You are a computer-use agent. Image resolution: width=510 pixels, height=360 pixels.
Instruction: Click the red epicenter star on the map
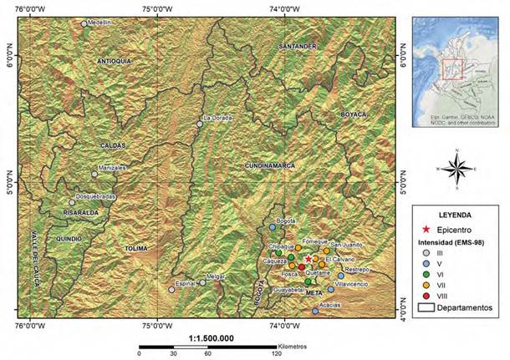click(309, 260)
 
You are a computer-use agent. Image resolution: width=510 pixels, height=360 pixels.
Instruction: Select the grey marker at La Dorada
click(200, 124)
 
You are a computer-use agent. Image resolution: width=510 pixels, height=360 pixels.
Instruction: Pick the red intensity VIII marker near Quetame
click(302, 266)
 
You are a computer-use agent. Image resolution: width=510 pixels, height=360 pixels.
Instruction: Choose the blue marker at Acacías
click(315, 312)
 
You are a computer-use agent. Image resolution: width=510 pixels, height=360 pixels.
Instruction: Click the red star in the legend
click(426, 229)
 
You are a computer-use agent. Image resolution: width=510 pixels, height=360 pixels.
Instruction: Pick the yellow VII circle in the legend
click(426, 284)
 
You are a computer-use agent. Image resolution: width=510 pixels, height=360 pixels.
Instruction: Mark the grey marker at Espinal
click(171, 290)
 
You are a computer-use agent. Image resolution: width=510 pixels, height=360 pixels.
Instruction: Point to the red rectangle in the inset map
click(452, 68)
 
